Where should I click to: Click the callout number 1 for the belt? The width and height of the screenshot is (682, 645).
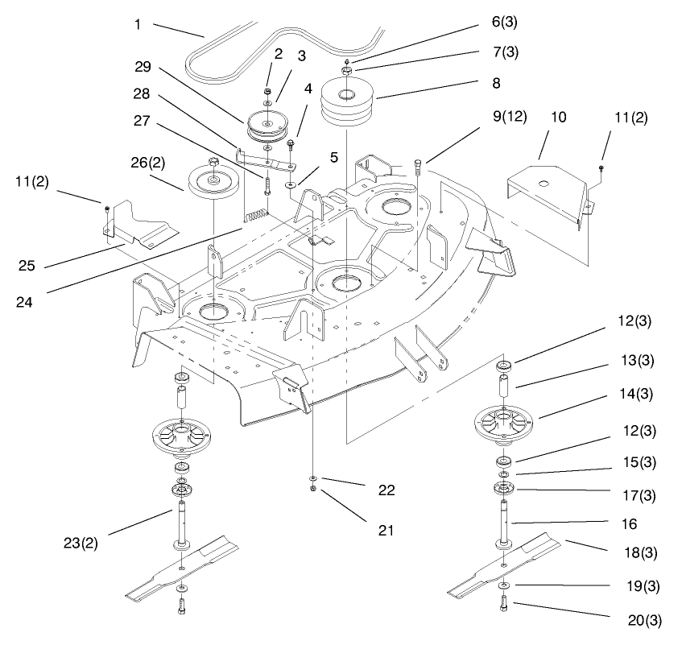pos(138,24)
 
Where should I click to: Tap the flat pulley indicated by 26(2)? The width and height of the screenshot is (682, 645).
pos(213,181)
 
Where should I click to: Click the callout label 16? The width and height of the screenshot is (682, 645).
pos(629,523)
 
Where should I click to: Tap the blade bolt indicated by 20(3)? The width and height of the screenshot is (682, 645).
pos(503,603)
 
